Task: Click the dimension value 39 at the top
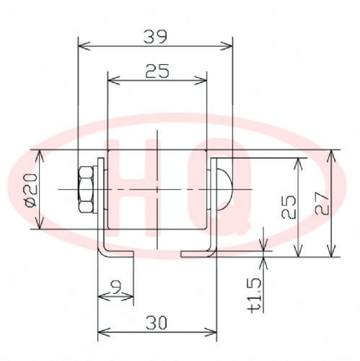[155, 37]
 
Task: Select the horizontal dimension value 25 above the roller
[157, 71]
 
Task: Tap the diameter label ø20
[31, 190]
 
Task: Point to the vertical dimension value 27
[322, 204]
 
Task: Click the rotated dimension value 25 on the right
[289, 207]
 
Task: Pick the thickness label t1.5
[255, 295]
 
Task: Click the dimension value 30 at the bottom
[157, 323]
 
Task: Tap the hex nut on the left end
[86, 190]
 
